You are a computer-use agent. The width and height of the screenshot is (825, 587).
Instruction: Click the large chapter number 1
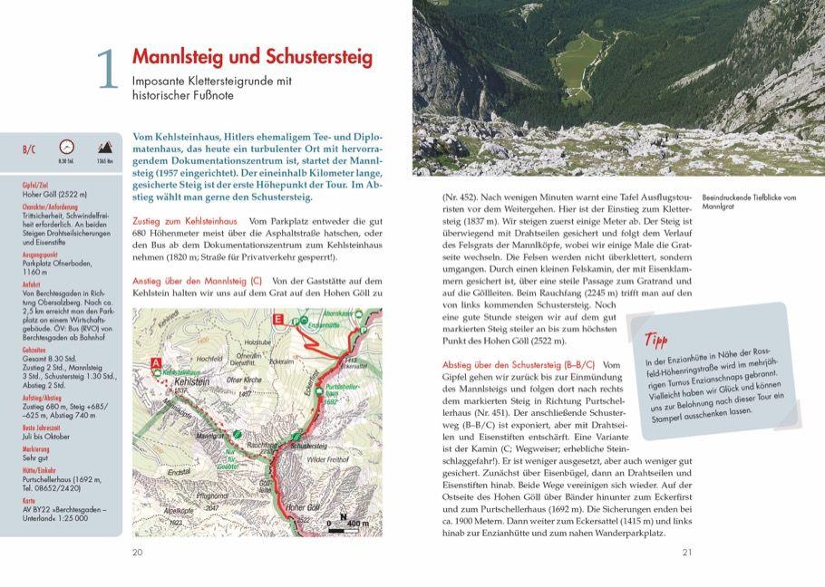point(108,69)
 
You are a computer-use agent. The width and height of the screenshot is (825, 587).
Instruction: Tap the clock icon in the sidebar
point(66,147)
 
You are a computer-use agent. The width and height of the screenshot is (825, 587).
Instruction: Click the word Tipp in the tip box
point(656,342)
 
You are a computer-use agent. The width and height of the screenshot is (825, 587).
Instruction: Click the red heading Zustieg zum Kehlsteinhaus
point(185,222)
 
